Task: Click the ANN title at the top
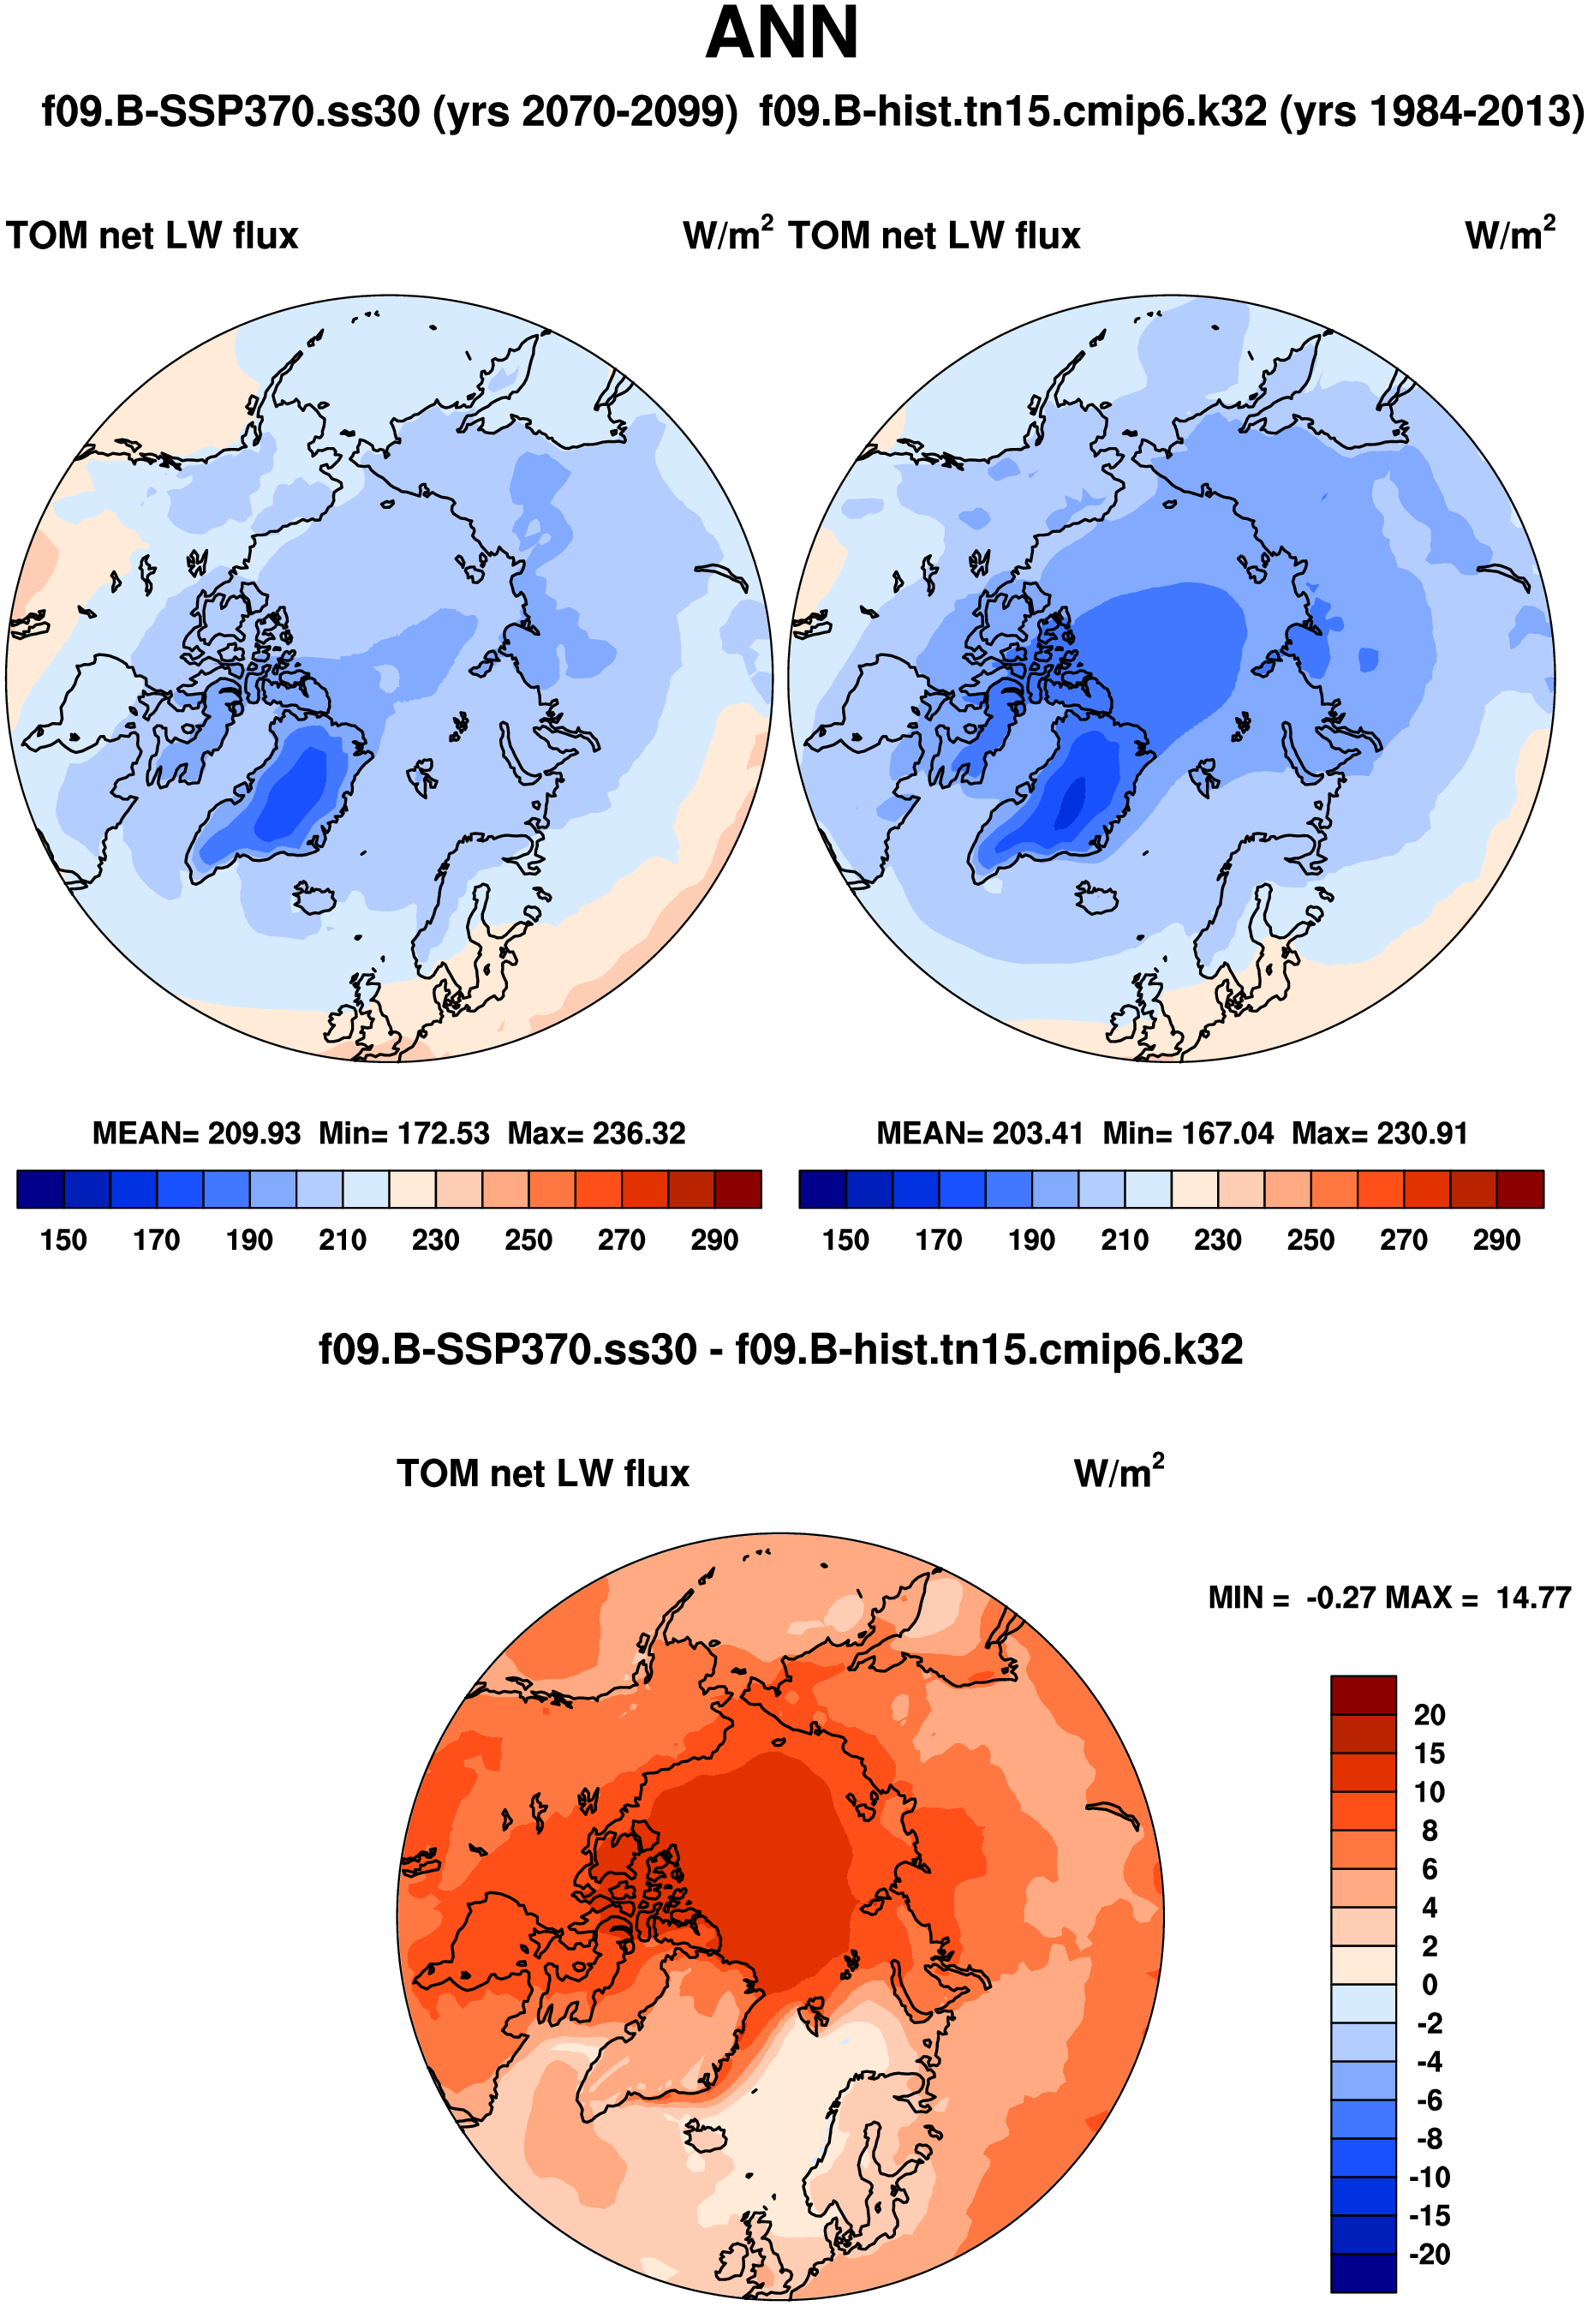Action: click(x=782, y=33)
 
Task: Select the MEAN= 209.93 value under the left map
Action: click(x=196, y=1133)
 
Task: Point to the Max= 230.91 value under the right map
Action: click(x=1379, y=1133)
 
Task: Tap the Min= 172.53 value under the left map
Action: click(x=404, y=1133)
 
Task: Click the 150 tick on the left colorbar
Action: click(x=63, y=1240)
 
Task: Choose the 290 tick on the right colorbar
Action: click(x=1496, y=1240)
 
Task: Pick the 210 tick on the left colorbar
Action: click(x=343, y=1240)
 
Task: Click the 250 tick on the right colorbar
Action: click(x=1310, y=1240)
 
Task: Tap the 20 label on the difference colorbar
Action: click(x=1429, y=1715)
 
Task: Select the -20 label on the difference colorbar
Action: click(x=1429, y=2255)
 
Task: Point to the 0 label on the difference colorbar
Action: click(x=1429, y=1985)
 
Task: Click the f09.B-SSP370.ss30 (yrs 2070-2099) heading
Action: click(x=389, y=111)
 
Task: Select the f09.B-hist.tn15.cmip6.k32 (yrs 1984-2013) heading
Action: click(x=1171, y=111)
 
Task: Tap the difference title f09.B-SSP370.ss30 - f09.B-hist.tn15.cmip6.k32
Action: click(x=781, y=1350)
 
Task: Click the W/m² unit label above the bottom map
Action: click(x=1119, y=1473)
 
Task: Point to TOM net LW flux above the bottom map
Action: click(x=543, y=1473)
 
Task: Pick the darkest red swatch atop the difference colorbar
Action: click(x=1363, y=1695)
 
